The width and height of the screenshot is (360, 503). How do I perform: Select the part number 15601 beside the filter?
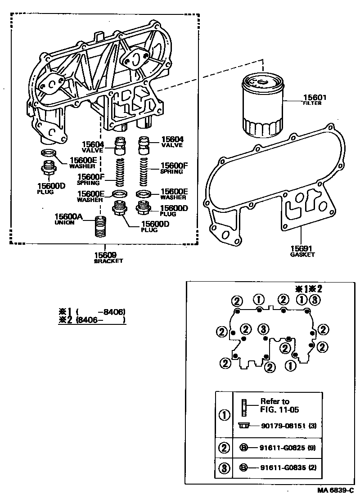click(x=315, y=98)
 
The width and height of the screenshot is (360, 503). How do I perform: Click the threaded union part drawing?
click(x=100, y=228)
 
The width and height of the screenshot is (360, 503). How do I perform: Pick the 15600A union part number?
click(x=69, y=217)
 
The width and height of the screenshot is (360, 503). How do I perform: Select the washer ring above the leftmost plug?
click(x=48, y=153)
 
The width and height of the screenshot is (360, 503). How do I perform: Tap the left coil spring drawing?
click(x=120, y=172)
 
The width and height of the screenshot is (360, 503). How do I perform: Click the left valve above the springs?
click(x=120, y=145)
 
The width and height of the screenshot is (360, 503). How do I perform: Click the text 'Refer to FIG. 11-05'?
click(x=279, y=405)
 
